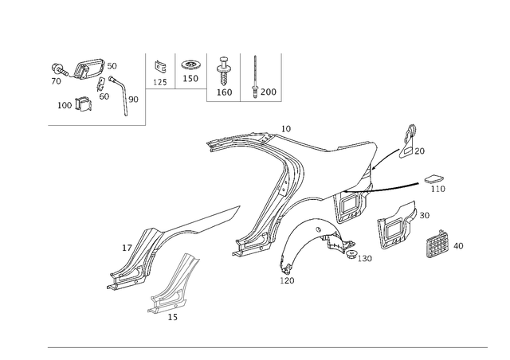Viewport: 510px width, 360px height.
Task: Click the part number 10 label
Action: pos(286,129)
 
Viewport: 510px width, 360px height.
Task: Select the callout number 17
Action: pos(127,248)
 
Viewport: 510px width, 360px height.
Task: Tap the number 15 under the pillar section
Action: pos(173,317)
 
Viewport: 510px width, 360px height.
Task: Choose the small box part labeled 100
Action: pos(83,104)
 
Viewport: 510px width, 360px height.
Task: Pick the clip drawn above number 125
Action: pos(160,67)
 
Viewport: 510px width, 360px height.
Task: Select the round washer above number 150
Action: pos(190,65)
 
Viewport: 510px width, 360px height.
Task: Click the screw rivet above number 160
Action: pos(223,71)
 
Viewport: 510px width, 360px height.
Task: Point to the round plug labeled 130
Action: pos(351,255)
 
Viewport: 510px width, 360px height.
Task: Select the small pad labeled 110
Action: pos(433,179)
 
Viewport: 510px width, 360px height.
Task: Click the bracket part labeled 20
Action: pos(408,141)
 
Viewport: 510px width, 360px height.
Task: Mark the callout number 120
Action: pos(287,280)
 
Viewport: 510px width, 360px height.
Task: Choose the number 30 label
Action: pos(424,215)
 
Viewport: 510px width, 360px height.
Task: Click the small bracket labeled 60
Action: pos(100,84)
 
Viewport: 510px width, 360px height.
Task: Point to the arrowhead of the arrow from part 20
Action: pos(373,169)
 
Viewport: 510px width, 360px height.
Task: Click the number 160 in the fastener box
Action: pos(225,92)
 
